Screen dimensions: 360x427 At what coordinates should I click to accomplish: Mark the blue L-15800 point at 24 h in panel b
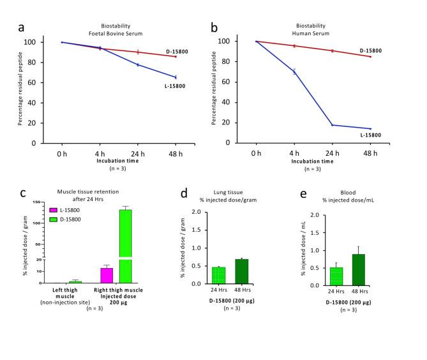(332, 125)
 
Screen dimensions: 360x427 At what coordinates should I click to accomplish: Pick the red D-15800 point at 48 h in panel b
(370, 57)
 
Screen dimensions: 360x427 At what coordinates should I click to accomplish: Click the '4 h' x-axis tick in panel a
(99, 153)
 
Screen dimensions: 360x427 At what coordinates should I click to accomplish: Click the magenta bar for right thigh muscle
(107, 275)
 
